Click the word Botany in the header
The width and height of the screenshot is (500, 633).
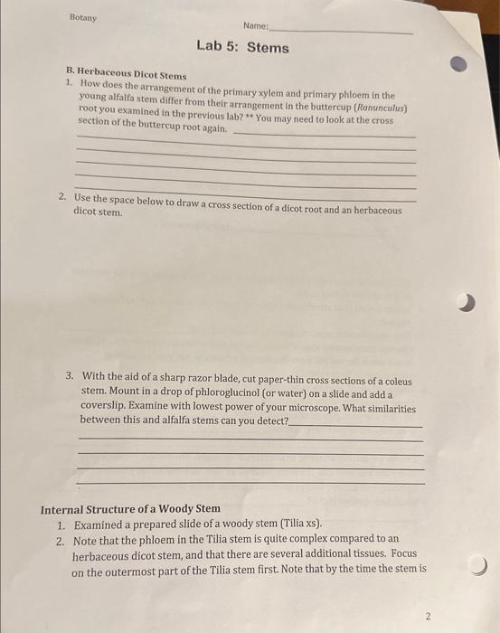tap(83, 17)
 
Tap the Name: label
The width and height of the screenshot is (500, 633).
tap(256, 27)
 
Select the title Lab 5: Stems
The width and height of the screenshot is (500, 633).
tap(243, 47)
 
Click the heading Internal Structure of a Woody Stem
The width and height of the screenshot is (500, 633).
tap(130, 509)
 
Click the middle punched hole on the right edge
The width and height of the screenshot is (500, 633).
tap(466, 305)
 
